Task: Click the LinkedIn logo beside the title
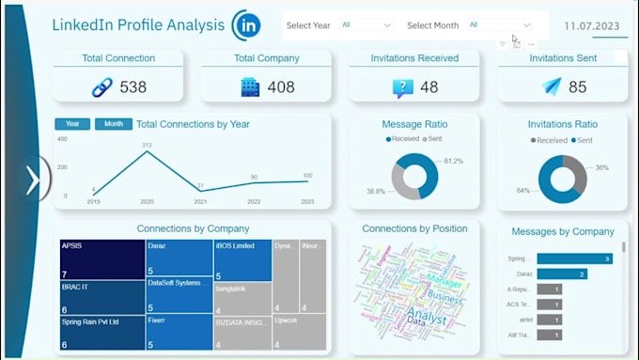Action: (x=246, y=24)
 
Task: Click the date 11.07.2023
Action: (x=592, y=25)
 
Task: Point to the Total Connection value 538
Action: (x=132, y=87)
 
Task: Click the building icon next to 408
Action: (x=250, y=87)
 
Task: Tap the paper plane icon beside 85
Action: (x=552, y=87)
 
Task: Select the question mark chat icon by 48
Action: (x=403, y=88)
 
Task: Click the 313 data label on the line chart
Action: (x=147, y=145)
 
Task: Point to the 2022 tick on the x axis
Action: (x=254, y=201)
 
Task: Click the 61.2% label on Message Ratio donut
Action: (x=453, y=161)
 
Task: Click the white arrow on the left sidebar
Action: (x=33, y=180)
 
